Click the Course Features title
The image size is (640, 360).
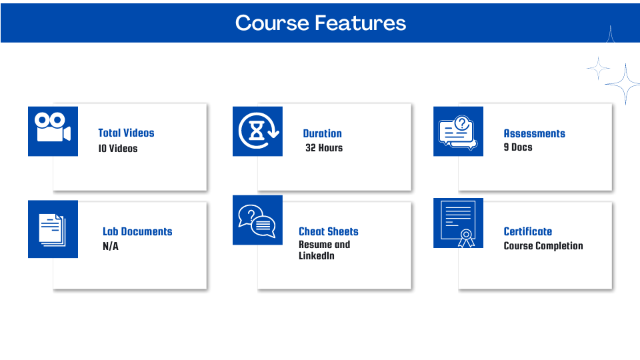321,23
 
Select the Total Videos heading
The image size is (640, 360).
126,133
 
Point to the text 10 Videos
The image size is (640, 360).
117,148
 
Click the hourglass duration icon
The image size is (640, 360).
259,131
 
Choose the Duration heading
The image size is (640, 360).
323,133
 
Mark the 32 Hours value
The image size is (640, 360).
324,148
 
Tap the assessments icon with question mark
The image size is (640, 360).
457,132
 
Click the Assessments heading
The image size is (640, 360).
534,133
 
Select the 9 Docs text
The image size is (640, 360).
518,147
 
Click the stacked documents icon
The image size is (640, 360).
52,230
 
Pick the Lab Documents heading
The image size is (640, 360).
137,231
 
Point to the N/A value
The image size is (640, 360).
111,246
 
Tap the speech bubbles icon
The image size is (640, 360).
257,221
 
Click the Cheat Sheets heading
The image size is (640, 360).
329,231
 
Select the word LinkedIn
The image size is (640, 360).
317,256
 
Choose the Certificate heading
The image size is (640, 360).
528,231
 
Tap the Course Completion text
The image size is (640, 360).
543,246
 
